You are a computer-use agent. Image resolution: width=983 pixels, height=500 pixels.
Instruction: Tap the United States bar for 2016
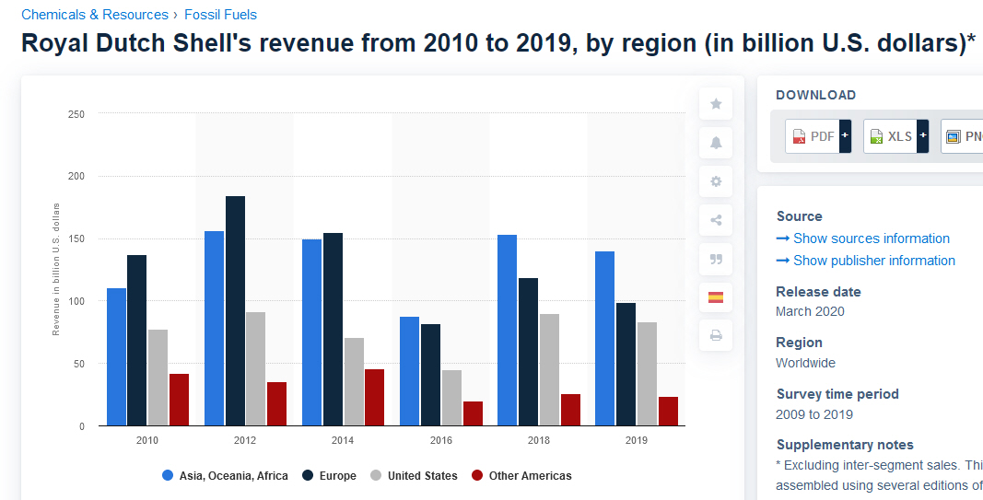[x=451, y=398]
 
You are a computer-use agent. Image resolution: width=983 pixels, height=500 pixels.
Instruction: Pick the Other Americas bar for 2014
[x=374, y=397]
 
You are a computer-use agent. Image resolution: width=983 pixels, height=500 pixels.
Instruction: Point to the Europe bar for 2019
[x=626, y=364]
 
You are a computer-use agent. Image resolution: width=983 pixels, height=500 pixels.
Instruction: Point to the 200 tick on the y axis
[x=76, y=176]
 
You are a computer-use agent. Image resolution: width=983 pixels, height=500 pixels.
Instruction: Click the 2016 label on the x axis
[x=440, y=440]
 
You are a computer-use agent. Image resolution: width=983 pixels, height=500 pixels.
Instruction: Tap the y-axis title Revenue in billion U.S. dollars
[x=56, y=268]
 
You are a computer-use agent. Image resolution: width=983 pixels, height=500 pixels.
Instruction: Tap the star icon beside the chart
[x=716, y=104]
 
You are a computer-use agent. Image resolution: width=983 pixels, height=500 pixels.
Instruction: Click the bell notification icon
[x=716, y=143]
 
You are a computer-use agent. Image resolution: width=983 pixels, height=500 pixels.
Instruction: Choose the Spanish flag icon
[x=716, y=297]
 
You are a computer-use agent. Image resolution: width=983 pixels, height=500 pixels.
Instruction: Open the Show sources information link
[x=871, y=238]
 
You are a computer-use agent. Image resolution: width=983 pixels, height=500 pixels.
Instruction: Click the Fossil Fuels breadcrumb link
[x=220, y=15]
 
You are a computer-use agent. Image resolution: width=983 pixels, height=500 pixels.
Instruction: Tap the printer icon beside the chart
[x=716, y=335]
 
